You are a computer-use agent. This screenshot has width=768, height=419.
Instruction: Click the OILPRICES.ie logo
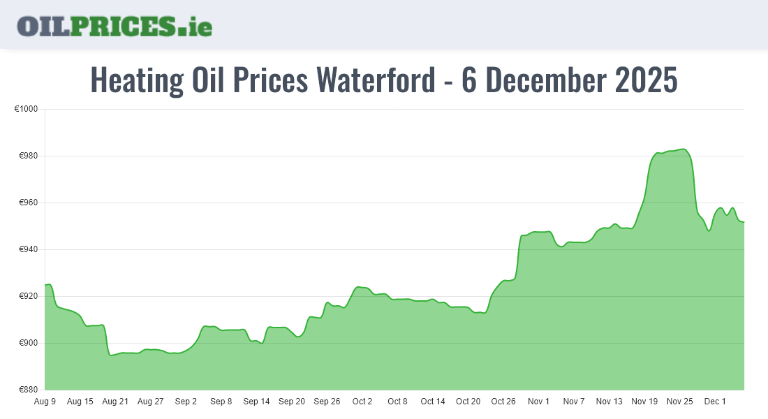coord(115,26)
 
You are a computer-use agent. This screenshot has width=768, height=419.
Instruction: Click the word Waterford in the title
coord(375,80)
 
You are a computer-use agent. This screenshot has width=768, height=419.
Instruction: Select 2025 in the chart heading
coord(646,80)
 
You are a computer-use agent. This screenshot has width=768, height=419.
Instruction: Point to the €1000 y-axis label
coord(26,110)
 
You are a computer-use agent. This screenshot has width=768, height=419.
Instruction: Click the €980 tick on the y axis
coord(28,156)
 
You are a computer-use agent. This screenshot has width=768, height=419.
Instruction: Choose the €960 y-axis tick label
coord(28,203)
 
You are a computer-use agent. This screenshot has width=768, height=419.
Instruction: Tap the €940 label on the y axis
coord(28,250)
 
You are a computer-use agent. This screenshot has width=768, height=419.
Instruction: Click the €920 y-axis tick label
coord(28,297)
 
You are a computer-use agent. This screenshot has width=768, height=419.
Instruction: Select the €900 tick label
coord(28,344)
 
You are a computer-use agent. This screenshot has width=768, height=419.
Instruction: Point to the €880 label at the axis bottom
coord(28,390)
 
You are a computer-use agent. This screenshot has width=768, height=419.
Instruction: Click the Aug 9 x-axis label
coord(45,402)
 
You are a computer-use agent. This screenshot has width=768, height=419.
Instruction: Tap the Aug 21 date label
coord(115,402)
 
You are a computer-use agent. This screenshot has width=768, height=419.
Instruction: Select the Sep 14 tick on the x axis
coord(256,402)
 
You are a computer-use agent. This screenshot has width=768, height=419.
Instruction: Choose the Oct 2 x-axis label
coord(362,402)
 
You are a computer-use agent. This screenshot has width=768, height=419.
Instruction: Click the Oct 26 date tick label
coord(503,402)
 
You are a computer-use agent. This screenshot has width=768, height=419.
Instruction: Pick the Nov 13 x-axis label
coord(609,402)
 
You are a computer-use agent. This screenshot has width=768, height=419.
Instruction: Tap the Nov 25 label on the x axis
coord(679,402)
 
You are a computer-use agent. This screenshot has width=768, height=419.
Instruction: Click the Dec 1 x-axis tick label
coord(715,402)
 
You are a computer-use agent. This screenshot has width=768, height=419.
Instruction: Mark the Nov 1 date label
coord(538,402)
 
